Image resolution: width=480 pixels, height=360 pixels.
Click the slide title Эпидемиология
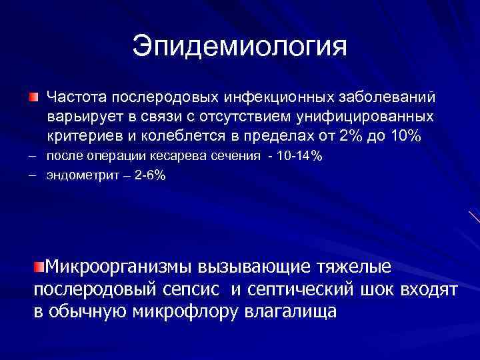239,47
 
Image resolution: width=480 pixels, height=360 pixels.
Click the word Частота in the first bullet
72,98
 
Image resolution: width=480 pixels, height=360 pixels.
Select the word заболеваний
387,98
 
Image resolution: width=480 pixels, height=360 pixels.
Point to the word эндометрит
77,175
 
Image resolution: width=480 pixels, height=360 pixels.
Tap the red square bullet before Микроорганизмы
39,267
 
